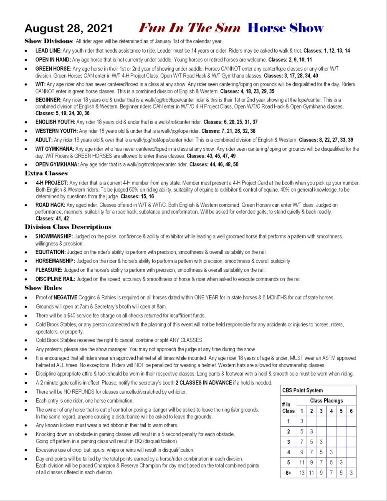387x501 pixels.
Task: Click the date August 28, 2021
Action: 68,28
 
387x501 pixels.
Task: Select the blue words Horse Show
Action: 285,28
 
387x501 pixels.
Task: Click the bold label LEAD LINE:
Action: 48,51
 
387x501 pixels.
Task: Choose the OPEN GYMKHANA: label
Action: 57,164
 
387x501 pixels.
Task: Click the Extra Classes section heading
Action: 46,173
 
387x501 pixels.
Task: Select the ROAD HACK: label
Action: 50,205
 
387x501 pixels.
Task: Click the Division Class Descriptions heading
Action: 68,227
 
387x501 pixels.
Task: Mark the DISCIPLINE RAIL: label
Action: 55,279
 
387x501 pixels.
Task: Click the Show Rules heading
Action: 43,288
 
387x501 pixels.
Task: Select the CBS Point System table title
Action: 302,390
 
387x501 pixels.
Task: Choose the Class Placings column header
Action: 326,401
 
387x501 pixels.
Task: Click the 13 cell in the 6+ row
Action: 302,473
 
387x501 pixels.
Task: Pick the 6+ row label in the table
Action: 288,473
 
